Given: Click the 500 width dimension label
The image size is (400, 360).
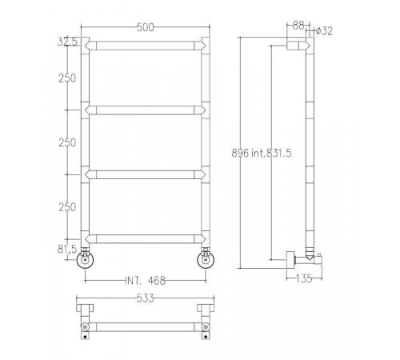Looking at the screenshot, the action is (x=146, y=27).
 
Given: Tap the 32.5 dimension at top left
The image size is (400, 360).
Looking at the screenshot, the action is (x=67, y=42).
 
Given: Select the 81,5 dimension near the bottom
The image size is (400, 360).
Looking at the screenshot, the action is (x=67, y=250).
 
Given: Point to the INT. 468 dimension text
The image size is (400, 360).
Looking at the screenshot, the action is (x=146, y=281).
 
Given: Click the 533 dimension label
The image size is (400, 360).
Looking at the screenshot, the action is (x=146, y=298).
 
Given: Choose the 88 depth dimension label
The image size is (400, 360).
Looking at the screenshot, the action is (x=298, y=26).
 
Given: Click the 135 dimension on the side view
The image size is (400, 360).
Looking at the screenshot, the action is (x=304, y=278).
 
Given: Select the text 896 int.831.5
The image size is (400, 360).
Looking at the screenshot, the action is (x=262, y=154).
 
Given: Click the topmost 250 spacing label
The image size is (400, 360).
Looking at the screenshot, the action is (x=67, y=78).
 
